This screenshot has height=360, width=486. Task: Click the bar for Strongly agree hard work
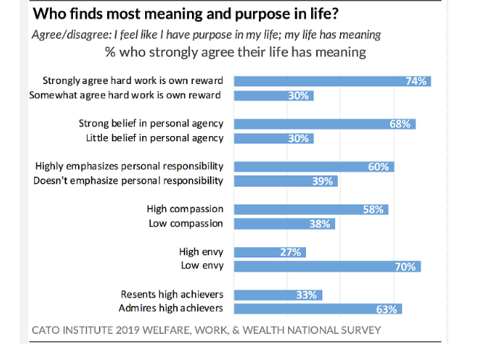(x=333, y=81)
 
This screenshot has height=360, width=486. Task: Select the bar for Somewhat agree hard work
(x=274, y=95)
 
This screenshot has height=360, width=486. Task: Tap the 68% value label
(x=400, y=124)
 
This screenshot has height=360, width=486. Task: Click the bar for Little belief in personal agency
(x=274, y=138)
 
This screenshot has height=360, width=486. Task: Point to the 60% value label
(x=379, y=167)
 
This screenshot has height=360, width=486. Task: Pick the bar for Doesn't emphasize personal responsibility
(x=287, y=181)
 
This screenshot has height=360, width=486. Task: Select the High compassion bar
(x=311, y=210)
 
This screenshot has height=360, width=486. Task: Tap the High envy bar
(x=270, y=252)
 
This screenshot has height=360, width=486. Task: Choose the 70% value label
(x=405, y=266)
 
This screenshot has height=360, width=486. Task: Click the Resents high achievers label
(x=171, y=295)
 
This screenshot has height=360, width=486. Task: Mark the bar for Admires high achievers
(x=319, y=309)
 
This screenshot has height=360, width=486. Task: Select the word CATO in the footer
(x=47, y=330)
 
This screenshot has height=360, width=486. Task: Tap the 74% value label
(x=416, y=81)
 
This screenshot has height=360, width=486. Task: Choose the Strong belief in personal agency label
(x=151, y=123)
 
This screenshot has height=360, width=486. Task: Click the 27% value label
(x=290, y=252)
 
